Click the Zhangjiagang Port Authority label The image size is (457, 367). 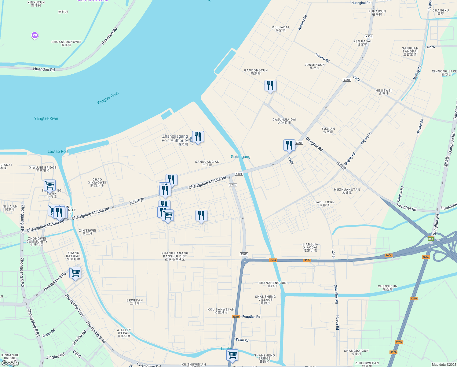click(175, 139)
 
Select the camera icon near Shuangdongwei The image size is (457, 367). click(35, 36)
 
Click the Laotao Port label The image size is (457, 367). click(58, 151)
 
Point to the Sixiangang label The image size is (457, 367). click(241, 157)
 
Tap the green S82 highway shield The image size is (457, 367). click(430, 239)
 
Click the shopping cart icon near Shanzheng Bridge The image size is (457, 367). click(232, 355)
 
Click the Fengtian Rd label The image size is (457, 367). click(251, 317)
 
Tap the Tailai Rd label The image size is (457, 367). click(242, 340)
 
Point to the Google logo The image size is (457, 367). click(10, 364)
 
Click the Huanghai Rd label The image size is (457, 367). click(361, 3)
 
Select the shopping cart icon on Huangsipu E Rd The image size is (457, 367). click(75, 272)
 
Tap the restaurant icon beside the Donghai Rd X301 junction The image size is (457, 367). click(289, 145)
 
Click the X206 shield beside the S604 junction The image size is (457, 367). click(244, 254)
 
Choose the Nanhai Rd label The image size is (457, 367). click(323, 58)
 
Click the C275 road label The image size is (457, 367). click(431, 47)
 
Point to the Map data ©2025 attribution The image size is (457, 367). click(444, 365)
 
